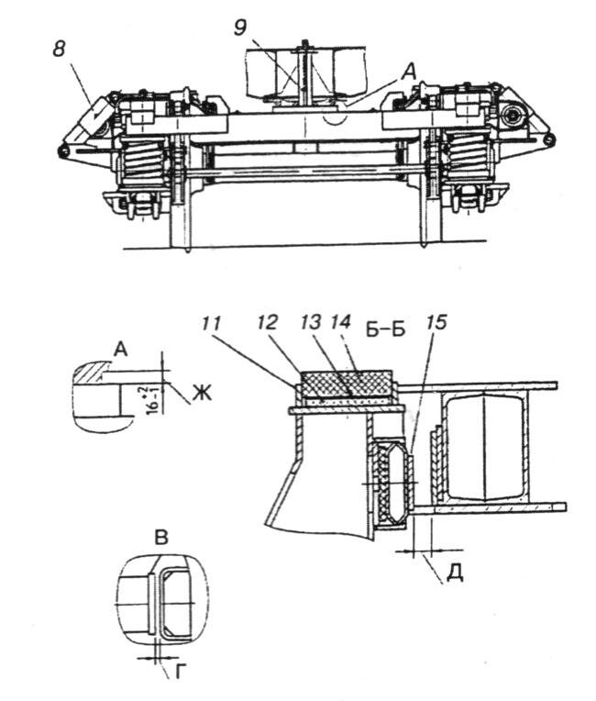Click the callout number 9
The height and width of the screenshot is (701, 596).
(x=240, y=28)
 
